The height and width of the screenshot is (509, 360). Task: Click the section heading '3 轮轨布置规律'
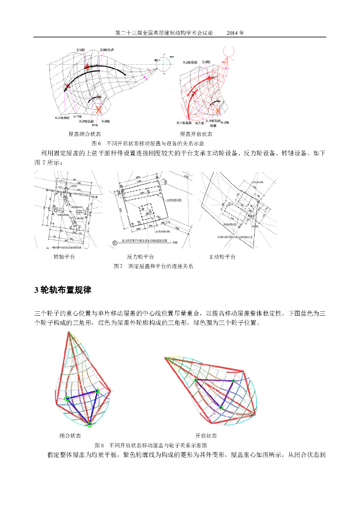tap(63, 290)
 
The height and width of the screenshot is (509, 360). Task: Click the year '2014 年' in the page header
tap(235, 33)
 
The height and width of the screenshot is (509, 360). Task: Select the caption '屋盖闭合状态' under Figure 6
tap(85, 134)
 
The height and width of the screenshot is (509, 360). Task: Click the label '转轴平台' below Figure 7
tap(64, 257)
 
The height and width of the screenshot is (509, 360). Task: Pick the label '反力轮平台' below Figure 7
tap(140, 257)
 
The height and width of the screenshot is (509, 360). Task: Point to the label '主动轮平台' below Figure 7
tap(222, 257)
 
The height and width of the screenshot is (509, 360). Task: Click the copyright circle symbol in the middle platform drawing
tap(115, 243)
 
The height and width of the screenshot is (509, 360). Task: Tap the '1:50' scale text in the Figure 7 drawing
tap(175, 243)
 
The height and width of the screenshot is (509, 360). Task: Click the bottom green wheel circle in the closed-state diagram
tap(90, 424)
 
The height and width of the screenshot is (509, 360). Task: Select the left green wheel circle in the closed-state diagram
tap(67, 398)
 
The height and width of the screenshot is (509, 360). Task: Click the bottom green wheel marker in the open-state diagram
tap(221, 407)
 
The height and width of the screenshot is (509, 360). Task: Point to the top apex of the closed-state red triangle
tap(68, 333)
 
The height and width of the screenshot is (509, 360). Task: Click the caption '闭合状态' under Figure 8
tap(70, 435)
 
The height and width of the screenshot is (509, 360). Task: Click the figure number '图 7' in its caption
tap(118, 266)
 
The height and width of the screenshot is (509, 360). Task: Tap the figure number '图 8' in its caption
tap(99, 445)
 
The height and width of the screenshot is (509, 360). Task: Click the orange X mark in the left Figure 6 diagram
tap(98, 109)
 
